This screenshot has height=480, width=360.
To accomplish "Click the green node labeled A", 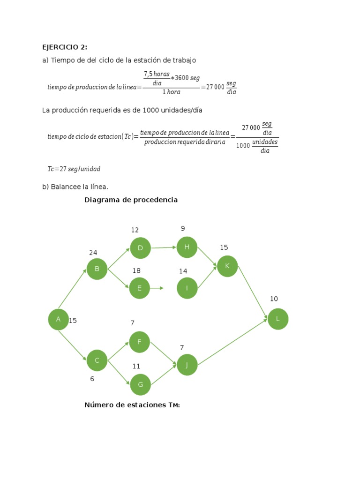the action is coord(58,319).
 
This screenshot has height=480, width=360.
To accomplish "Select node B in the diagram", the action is coord(97,269).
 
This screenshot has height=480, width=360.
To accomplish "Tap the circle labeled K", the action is coord(227,266).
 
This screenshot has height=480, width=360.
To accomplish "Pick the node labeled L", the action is coord(278,319).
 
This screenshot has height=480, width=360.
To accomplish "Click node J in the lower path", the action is coord(187,365).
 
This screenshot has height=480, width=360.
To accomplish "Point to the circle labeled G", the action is coord(140,384).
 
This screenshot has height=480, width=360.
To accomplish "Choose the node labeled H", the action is coord(187,247).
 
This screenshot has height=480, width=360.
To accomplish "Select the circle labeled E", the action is coord(139,288).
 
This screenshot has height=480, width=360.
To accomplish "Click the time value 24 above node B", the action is coord(93,253).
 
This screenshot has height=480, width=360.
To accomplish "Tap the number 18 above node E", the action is coord(136,271).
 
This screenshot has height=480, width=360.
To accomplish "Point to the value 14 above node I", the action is coord(183,271).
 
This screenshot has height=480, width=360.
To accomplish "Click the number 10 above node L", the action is coord(274,299).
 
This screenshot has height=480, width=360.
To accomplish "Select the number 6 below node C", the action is coord(92,379).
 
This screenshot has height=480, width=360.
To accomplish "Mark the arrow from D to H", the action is coord(164,247).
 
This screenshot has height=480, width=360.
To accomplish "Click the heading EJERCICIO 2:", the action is coord(65,47).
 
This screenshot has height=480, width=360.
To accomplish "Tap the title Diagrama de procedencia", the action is coord(131,200).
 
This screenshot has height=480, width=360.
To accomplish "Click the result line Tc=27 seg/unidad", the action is coord(74,169).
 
